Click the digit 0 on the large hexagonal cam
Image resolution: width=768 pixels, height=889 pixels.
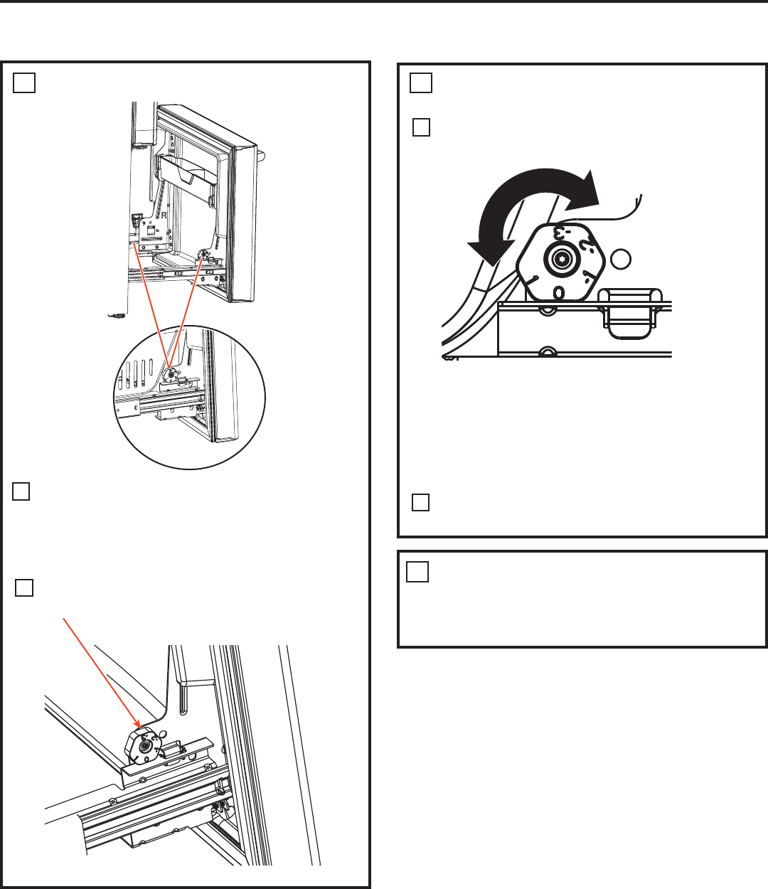click(x=559, y=292)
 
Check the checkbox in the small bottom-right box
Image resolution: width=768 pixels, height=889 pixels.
click(x=418, y=572)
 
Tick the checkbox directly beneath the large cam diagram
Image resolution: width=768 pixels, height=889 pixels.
click(x=420, y=502)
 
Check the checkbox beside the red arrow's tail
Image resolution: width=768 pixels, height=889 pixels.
click(x=24, y=587)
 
